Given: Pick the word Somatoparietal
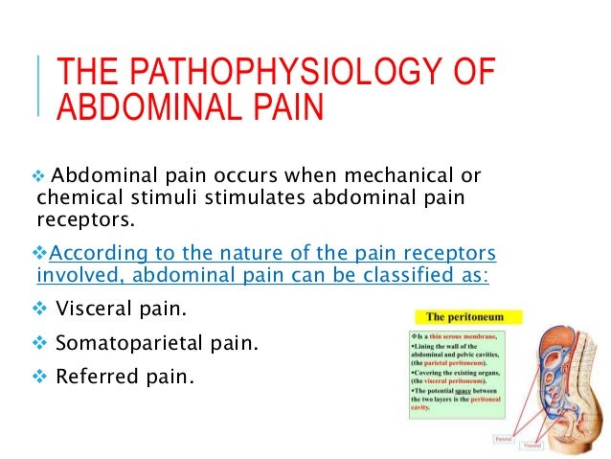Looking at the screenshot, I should pyautogui.click(x=124, y=343).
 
